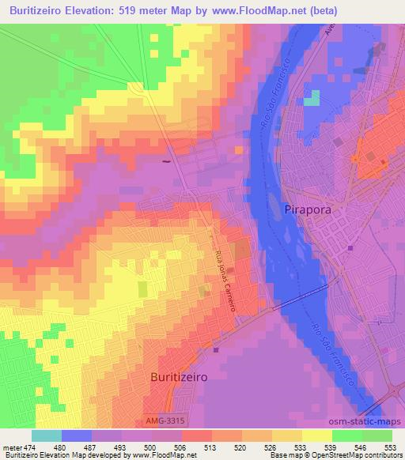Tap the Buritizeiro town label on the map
point(179,377)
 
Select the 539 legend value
point(326,447)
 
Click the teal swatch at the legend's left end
point(47,435)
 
